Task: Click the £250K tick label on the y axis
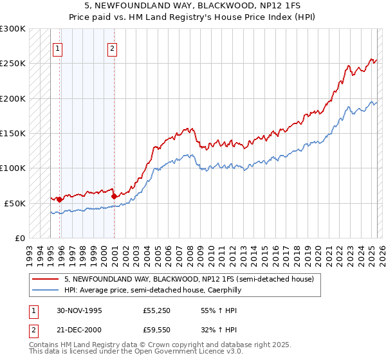point(13,64)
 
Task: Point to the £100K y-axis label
point(13,168)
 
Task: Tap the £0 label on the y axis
point(20,238)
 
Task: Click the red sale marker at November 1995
point(59,199)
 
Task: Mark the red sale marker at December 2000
point(114,196)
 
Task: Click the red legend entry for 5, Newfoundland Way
point(188,280)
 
